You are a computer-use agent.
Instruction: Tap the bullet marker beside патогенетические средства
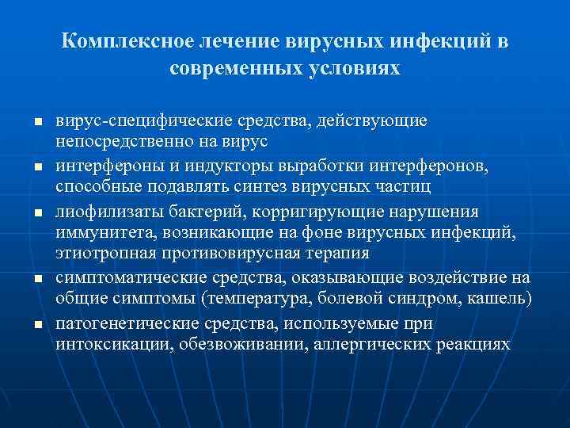[x=36, y=324]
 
